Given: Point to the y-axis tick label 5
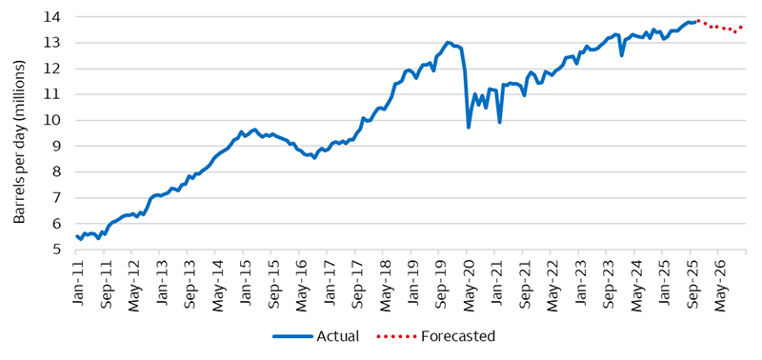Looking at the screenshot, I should click(57, 250).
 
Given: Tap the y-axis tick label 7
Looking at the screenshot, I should click(57, 198).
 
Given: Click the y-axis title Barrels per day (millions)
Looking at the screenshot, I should click(20, 133).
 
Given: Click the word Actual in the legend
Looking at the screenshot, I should click(336, 336).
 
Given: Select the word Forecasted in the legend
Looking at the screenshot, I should click(448, 336).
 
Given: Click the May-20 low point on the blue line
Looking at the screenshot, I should click(469, 127).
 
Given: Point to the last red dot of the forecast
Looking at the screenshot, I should click(741, 28).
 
